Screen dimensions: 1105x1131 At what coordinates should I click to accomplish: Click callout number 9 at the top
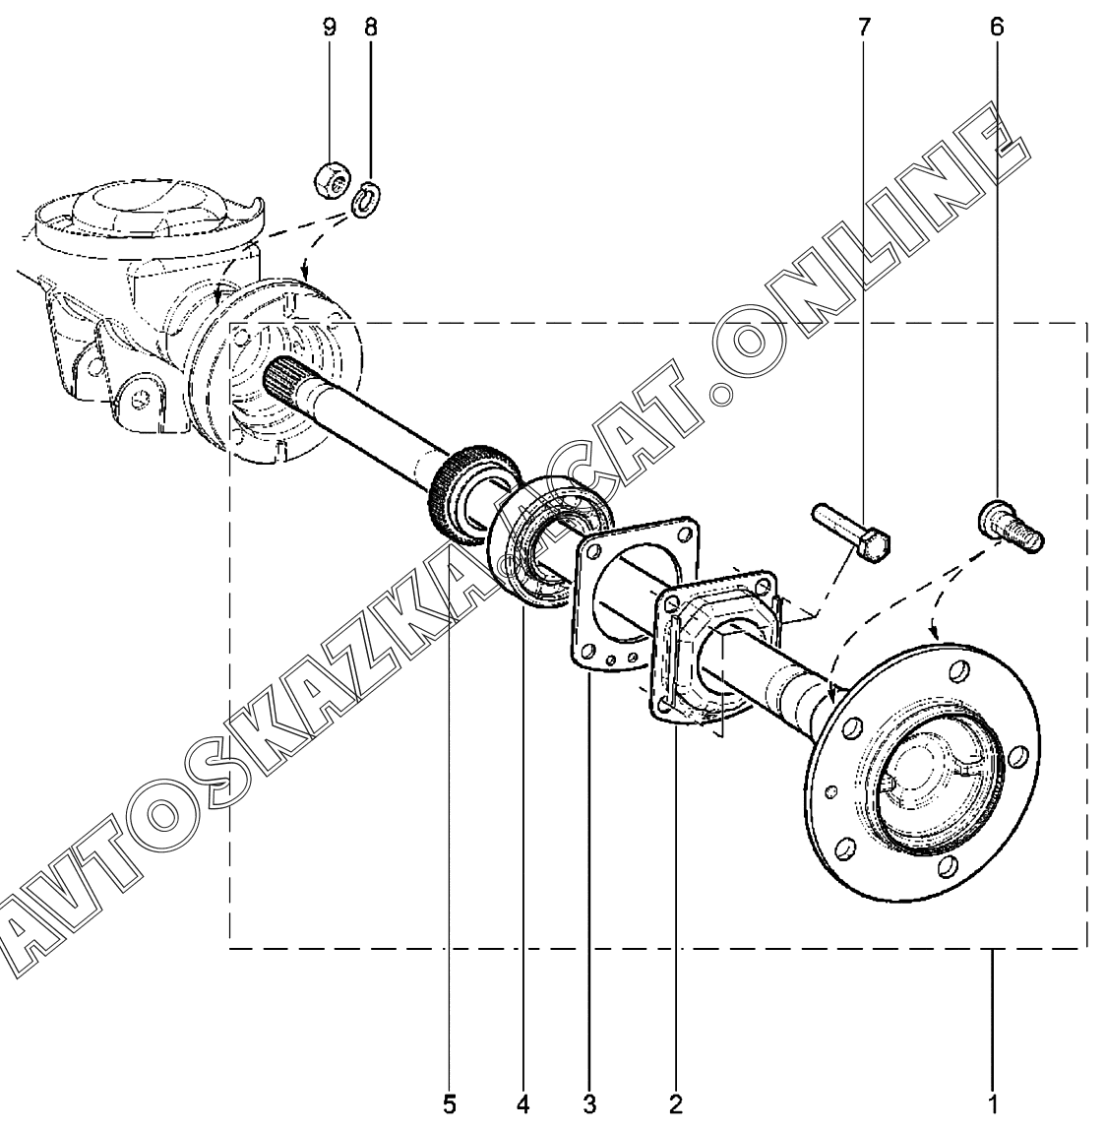click(x=329, y=29)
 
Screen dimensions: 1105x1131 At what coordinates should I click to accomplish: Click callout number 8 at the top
click(x=370, y=29)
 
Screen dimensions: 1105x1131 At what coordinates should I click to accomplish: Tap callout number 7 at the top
click(x=864, y=29)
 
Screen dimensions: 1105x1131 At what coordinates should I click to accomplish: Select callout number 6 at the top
click(x=997, y=29)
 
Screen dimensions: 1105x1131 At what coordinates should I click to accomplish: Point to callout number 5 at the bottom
click(x=450, y=1104)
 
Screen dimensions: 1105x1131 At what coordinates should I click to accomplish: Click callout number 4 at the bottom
click(x=522, y=1104)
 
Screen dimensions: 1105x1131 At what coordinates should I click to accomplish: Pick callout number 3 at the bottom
click(x=589, y=1104)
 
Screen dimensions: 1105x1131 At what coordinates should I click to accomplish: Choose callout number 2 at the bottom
click(x=675, y=1104)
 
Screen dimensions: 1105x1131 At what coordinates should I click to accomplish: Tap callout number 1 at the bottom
click(x=993, y=1104)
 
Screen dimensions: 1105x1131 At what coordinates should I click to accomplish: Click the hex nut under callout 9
click(x=333, y=179)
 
